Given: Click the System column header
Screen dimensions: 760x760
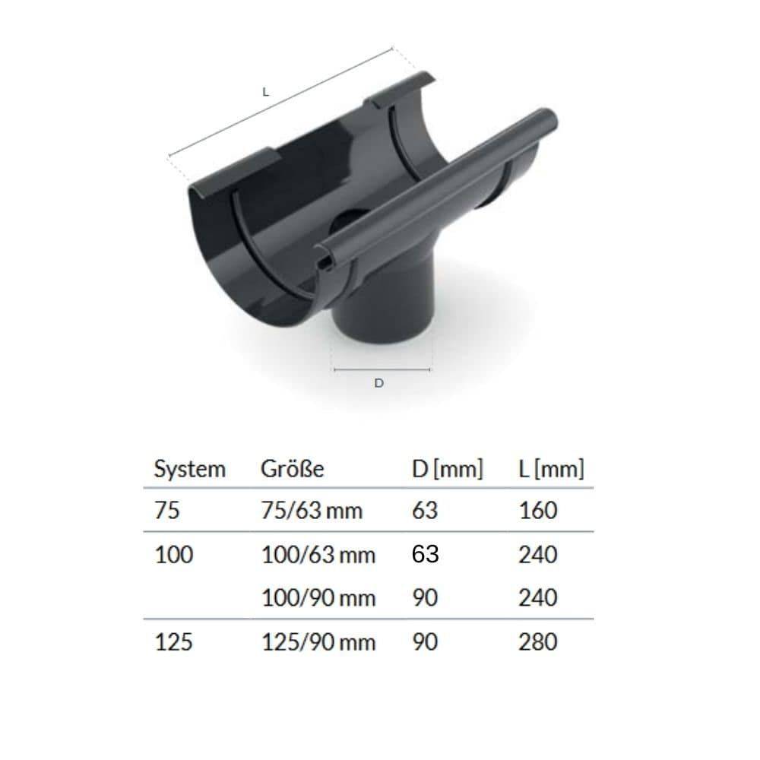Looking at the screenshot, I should pos(189,469).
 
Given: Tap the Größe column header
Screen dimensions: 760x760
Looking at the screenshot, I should pos(292,469).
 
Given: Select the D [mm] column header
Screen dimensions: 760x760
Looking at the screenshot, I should pos(447,469).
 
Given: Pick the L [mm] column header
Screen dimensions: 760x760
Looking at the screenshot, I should pos(550,469).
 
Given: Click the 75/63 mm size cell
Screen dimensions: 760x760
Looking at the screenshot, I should pos(312,510).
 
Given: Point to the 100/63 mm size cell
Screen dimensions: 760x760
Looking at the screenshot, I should pos(318,555).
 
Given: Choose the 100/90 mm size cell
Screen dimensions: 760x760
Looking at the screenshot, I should pos(318,598).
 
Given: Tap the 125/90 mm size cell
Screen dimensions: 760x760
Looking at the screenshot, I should pos(318,642).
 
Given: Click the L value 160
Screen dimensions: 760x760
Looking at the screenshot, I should pos(538,510).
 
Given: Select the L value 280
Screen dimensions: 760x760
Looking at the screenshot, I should pos(538,642).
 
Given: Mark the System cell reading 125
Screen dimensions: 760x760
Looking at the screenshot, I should pos(173,642).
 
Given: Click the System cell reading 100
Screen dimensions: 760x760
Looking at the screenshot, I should pos(173,555).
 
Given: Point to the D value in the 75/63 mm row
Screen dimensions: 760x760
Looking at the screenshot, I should pos(424,510).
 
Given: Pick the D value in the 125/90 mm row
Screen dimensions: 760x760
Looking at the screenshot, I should pos(424,642).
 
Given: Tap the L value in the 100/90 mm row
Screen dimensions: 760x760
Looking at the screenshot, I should pos(538,598).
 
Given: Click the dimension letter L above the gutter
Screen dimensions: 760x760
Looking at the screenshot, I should pos(265,92).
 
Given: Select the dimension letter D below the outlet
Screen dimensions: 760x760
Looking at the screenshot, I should pos(379,384).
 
